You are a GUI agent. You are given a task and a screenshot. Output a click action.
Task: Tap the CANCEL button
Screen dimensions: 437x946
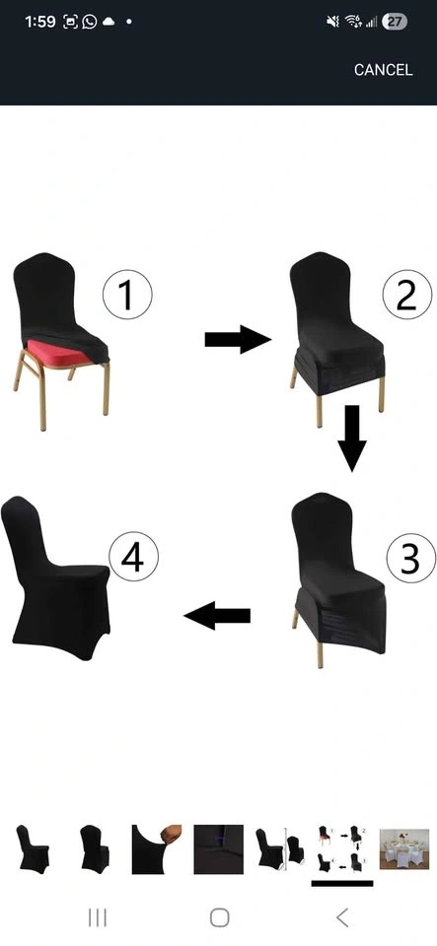pyautogui.click(x=384, y=70)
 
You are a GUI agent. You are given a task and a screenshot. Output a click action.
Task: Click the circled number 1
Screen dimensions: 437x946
pyautogui.click(x=127, y=295)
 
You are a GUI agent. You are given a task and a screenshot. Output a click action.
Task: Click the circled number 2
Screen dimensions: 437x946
pyautogui.click(x=407, y=295)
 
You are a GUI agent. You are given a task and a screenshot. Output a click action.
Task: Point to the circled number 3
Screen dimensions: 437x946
pyautogui.click(x=411, y=558)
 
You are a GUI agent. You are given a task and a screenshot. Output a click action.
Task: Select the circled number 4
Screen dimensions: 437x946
pyautogui.click(x=133, y=556)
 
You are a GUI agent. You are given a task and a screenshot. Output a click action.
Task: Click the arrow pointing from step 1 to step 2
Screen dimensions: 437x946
pyautogui.click(x=238, y=339)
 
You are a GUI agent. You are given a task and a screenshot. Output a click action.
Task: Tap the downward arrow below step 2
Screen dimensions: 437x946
pyautogui.click(x=352, y=438)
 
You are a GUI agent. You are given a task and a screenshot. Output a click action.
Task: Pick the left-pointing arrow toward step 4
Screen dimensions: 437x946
pyautogui.click(x=217, y=615)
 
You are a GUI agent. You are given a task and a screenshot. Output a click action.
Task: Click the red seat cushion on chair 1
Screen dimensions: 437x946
pyautogui.click(x=58, y=352)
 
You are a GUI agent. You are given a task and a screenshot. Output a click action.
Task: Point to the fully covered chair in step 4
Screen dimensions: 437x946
pyautogui.click(x=55, y=577)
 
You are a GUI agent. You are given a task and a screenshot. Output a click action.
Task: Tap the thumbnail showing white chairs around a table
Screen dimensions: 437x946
pyautogui.click(x=404, y=848)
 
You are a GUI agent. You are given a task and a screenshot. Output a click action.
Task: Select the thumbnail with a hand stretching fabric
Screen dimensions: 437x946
pyautogui.click(x=157, y=848)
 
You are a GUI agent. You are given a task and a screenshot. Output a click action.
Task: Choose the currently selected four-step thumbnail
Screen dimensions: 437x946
pyautogui.click(x=342, y=848)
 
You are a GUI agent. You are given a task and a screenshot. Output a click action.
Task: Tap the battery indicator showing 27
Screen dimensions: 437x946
pyautogui.click(x=395, y=23)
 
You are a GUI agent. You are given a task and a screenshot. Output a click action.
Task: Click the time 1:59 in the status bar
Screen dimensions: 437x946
pyautogui.click(x=40, y=23)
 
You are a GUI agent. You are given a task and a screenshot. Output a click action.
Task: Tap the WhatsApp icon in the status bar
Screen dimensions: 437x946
pyautogui.click(x=90, y=22)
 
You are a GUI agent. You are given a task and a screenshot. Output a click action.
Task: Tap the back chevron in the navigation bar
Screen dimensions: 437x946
pyautogui.click(x=342, y=917)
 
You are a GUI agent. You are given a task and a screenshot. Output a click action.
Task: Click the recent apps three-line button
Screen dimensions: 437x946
pyautogui.click(x=98, y=917)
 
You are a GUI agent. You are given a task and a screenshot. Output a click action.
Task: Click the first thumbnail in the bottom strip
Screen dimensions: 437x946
pyautogui.click(x=33, y=848)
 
